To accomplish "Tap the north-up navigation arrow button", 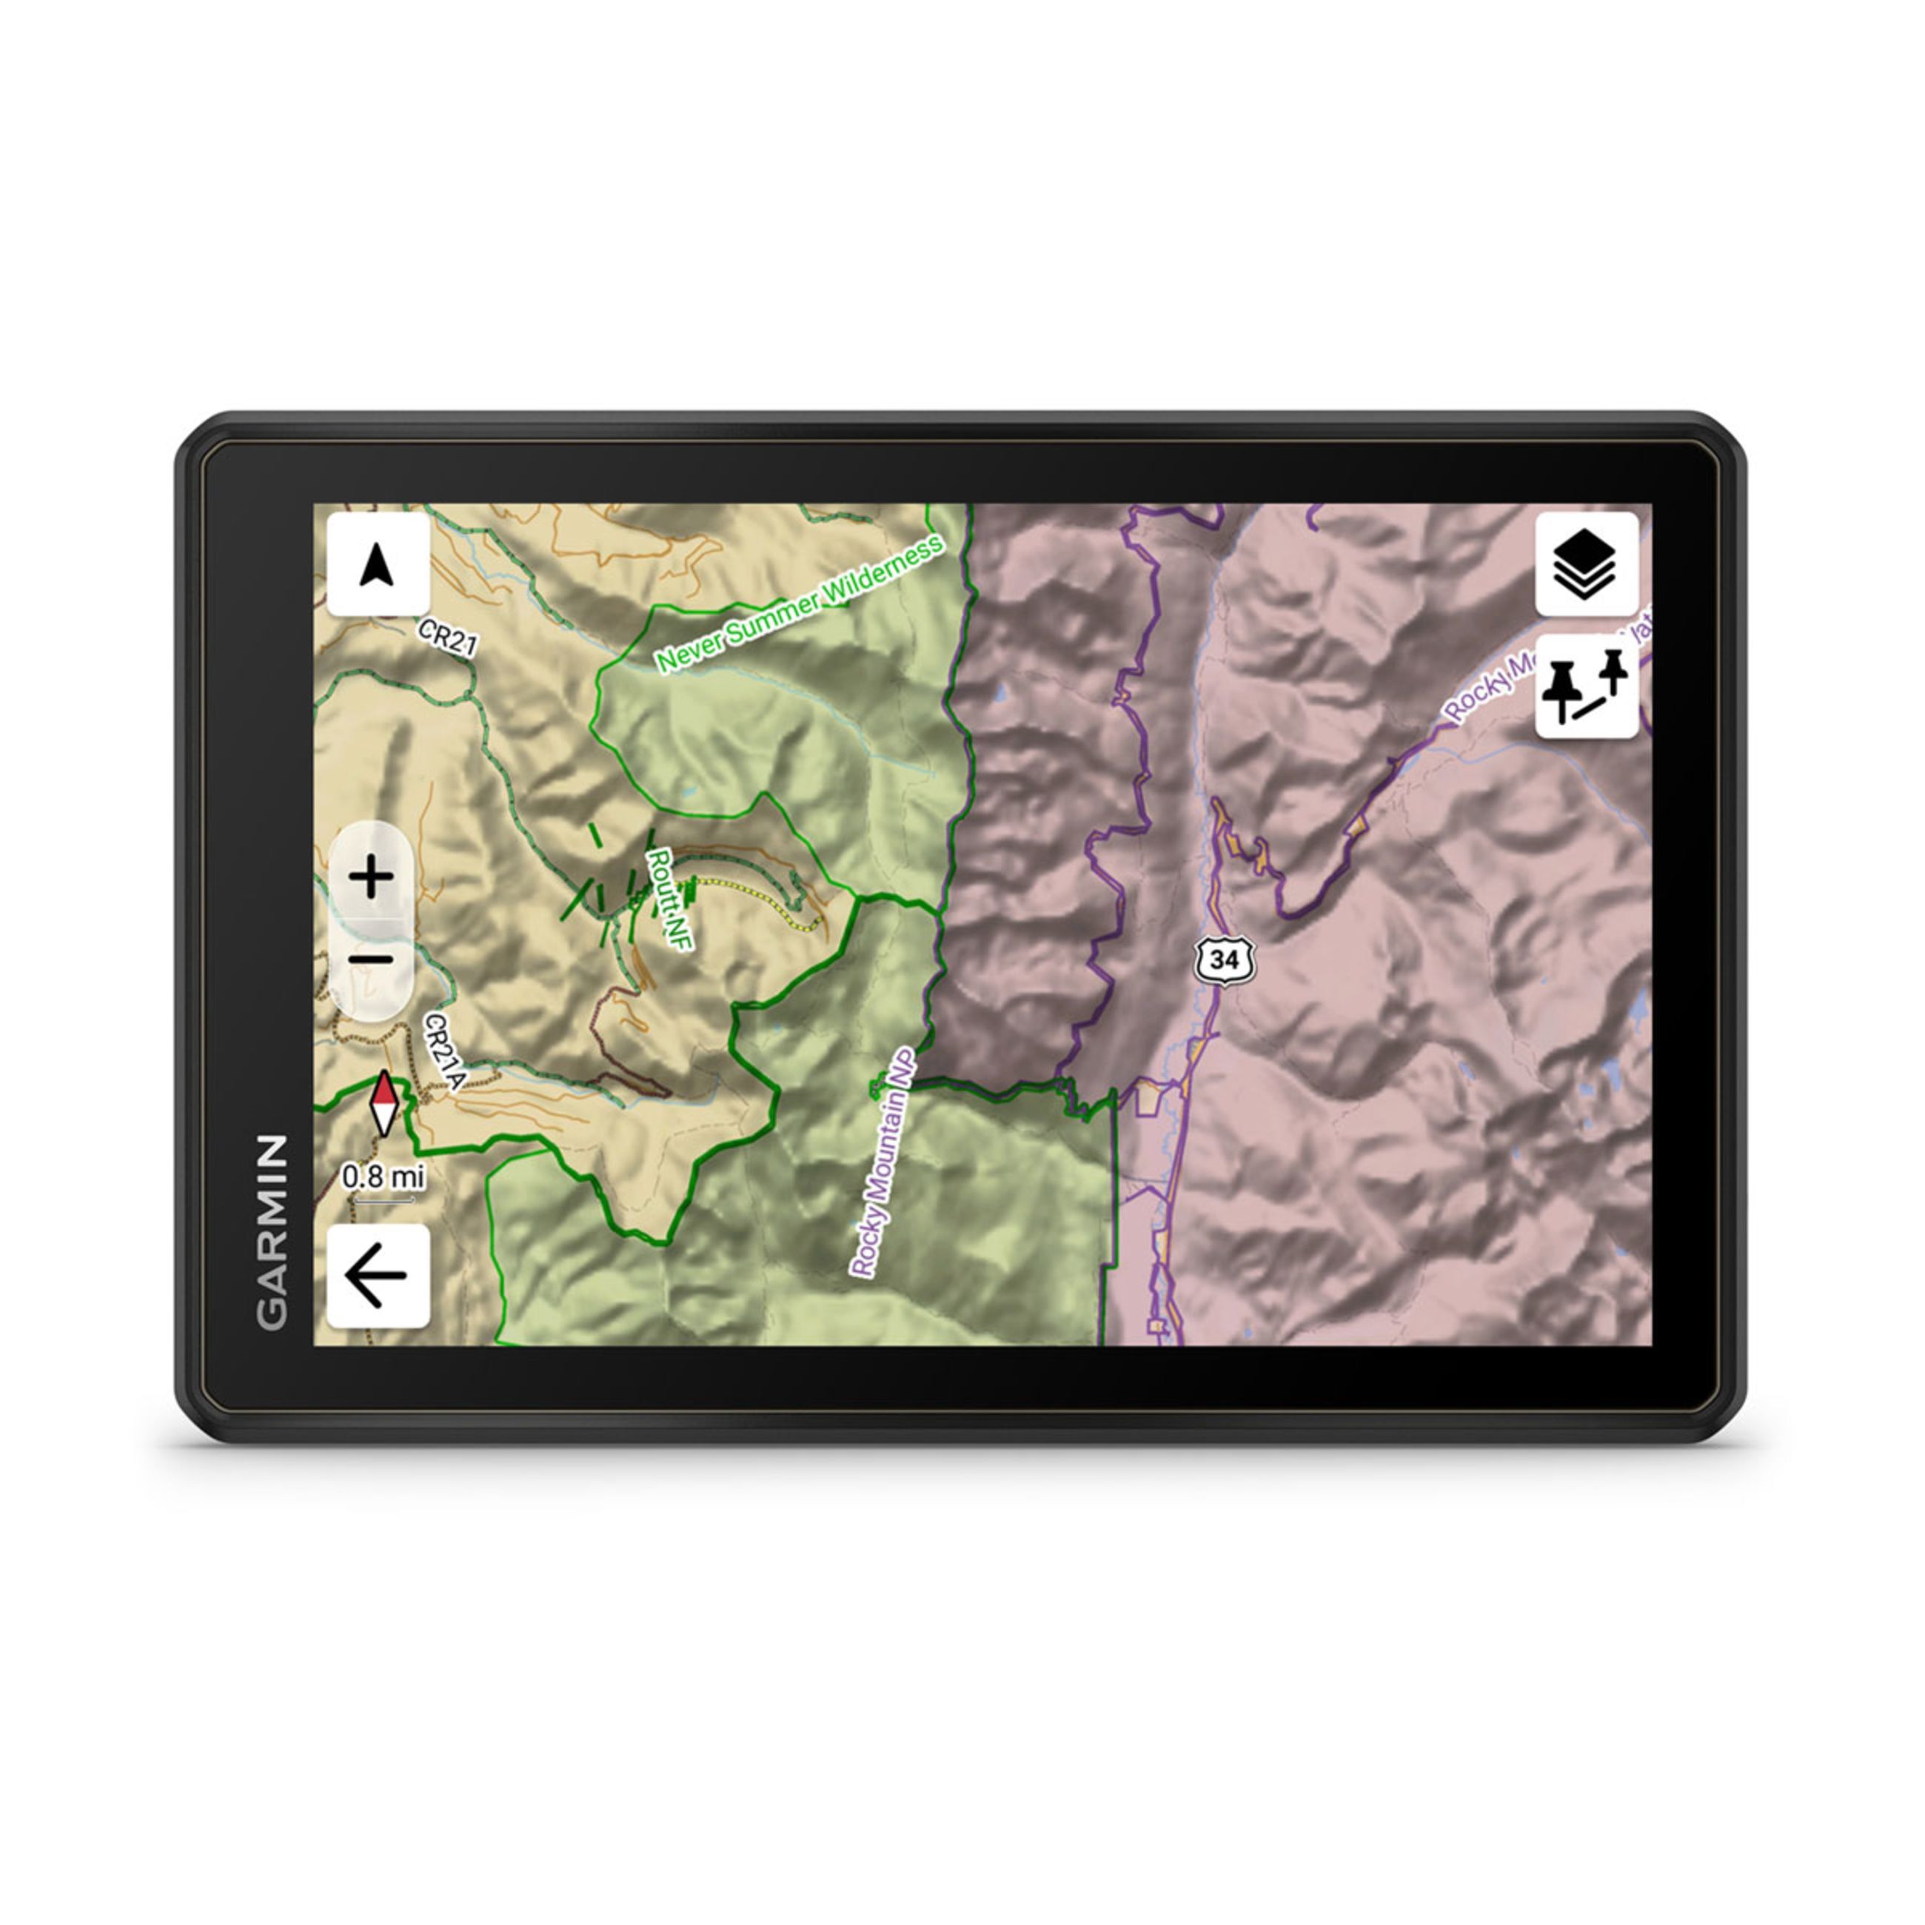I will (378, 565).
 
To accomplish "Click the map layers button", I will (1586, 564).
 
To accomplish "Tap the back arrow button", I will (378, 1276).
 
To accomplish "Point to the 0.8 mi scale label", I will (384, 1176).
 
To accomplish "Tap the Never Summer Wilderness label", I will (799, 605).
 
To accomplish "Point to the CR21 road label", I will (447, 637).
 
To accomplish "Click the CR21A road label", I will (444, 1052).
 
